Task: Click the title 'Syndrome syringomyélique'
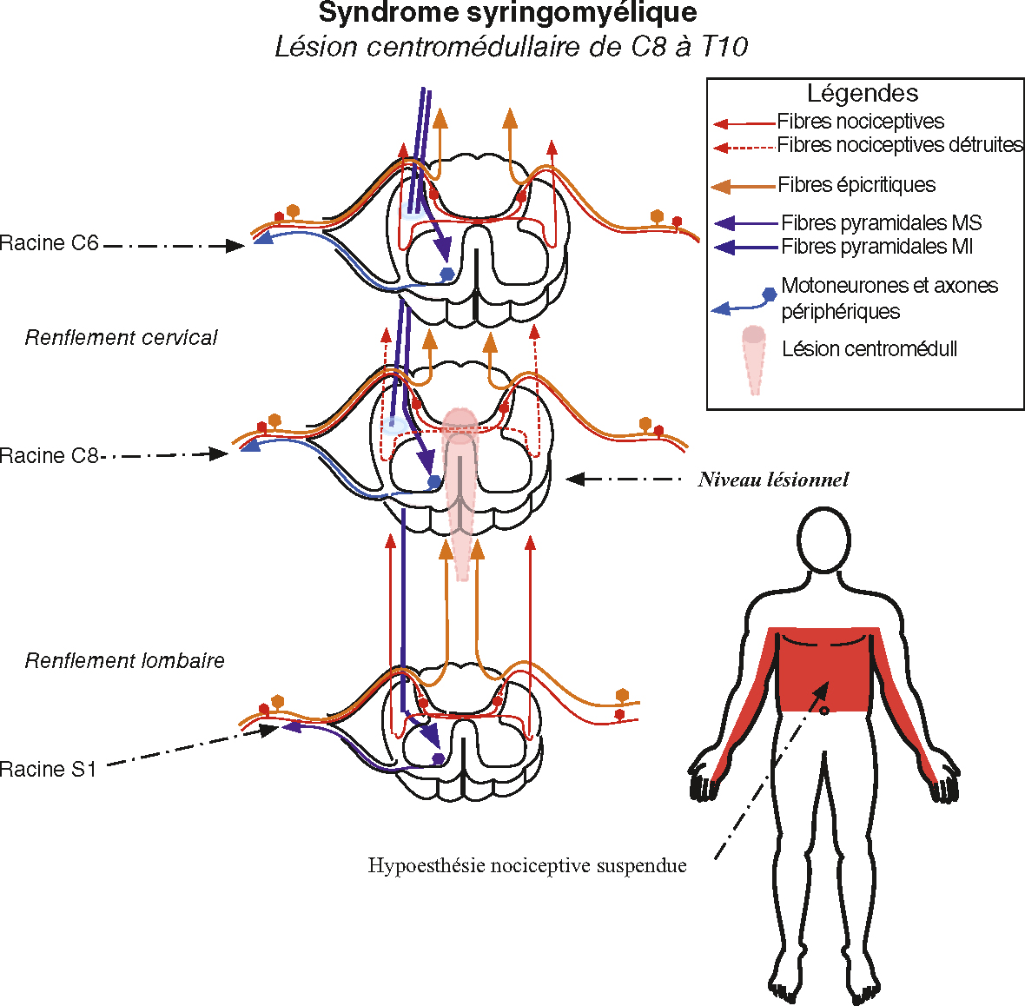pos(507,13)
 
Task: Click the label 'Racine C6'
pos(49,243)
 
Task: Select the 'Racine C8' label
pos(49,455)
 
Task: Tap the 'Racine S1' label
pos(48,769)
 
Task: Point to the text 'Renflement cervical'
pos(121,338)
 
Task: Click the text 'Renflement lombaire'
pos(124,661)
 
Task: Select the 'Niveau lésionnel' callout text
pos(773,480)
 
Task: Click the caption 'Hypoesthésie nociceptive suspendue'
pos(527,866)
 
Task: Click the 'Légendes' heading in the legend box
pos(863,93)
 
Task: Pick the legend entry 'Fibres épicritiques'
pos(856,185)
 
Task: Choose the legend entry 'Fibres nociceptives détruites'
pos(900,145)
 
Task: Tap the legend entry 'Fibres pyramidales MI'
pos(876,247)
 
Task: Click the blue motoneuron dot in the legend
pos(769,295)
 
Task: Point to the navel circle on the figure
pos(824,711)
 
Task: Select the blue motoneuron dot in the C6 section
pos(446,274)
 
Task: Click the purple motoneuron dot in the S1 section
pos(438,758)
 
